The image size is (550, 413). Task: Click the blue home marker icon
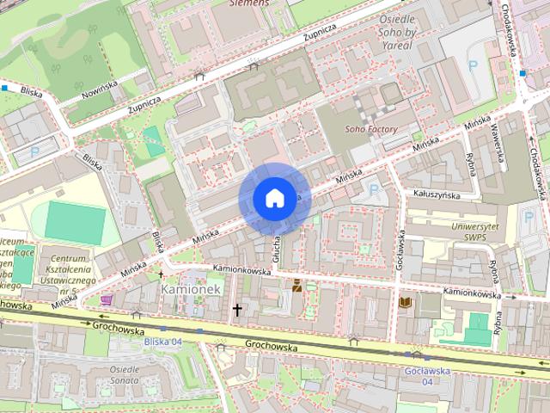point(273,198)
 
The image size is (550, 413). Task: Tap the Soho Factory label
point(371,130)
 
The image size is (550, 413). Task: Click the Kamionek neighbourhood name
point(191,289)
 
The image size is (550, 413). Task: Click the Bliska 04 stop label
point(162,342)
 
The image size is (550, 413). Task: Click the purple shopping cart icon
point(107,299)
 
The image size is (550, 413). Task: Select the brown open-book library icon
point(405,302)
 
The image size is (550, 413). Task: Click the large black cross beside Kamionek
point(236,309)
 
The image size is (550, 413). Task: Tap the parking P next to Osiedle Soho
point(472,65)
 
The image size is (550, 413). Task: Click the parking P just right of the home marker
point(373,189)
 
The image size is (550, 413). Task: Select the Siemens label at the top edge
point(250,3)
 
